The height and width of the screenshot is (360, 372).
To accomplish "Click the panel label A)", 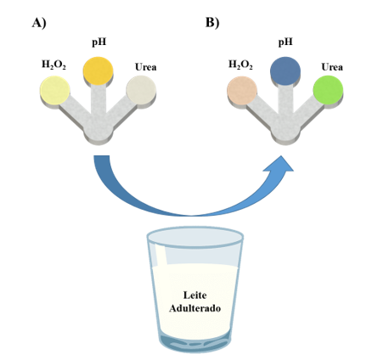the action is [39, 23].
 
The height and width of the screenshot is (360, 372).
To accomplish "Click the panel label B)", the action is [212, 23].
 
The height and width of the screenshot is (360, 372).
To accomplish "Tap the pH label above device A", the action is [99, 42].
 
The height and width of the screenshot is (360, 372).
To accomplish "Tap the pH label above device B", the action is [285, 42].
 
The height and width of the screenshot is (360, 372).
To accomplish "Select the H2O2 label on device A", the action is [54, 65].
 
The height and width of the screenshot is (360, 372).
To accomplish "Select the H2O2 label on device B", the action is [240, 65].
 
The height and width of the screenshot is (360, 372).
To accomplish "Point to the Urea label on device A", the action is [145, 67].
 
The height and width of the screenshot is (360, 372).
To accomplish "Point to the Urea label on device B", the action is [332, 67].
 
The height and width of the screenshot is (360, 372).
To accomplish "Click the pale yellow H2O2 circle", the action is [55, 91].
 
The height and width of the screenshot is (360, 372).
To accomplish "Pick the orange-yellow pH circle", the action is [98, 70].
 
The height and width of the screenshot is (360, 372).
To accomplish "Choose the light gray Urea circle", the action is [141, 91].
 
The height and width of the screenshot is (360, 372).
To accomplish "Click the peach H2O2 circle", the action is [242, 91].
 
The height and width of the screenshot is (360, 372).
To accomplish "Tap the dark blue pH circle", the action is [285, 70].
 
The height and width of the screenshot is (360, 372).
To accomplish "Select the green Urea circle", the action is [328, 90].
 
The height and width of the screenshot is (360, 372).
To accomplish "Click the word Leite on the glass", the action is [195, 295].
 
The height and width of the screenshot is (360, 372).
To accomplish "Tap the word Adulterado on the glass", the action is [194, 308].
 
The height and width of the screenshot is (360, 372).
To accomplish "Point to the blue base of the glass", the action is [194, 342].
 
